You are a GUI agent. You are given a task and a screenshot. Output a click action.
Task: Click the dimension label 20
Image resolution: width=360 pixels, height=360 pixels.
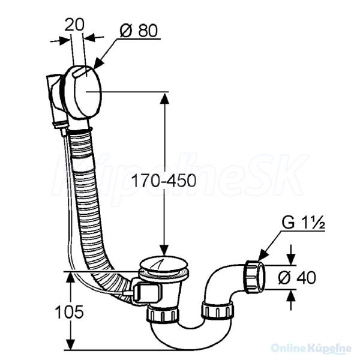74,25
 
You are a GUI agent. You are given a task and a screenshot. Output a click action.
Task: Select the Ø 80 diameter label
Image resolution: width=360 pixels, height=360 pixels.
139,31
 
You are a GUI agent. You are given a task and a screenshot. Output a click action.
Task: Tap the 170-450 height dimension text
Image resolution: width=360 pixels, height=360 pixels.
164,180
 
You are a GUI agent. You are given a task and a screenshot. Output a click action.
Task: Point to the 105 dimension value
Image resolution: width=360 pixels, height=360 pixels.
69,312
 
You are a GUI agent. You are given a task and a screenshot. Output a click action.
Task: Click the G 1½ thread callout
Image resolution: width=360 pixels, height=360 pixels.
303,223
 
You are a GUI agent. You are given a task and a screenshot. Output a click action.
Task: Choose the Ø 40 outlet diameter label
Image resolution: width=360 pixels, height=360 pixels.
296,277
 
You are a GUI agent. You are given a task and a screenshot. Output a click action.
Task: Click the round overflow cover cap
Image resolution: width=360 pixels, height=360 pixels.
83,91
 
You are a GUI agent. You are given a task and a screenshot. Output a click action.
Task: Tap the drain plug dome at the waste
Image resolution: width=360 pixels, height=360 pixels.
164,264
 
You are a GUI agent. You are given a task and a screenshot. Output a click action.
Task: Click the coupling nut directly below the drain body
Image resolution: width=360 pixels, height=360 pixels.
163,314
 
